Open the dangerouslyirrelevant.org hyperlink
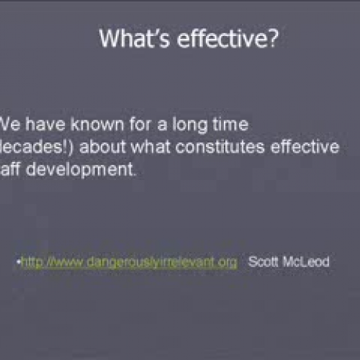tap(129, 262)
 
